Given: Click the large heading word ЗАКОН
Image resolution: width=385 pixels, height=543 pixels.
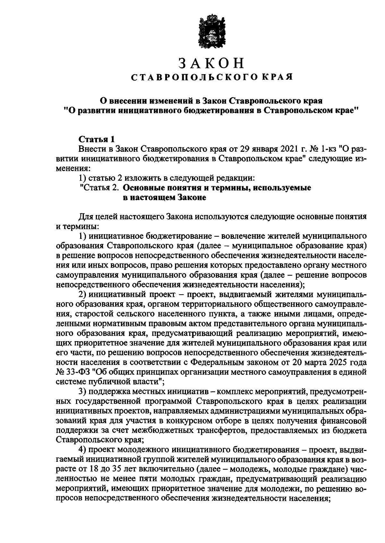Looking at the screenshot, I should pyautogui.click(x=211, y=64).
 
